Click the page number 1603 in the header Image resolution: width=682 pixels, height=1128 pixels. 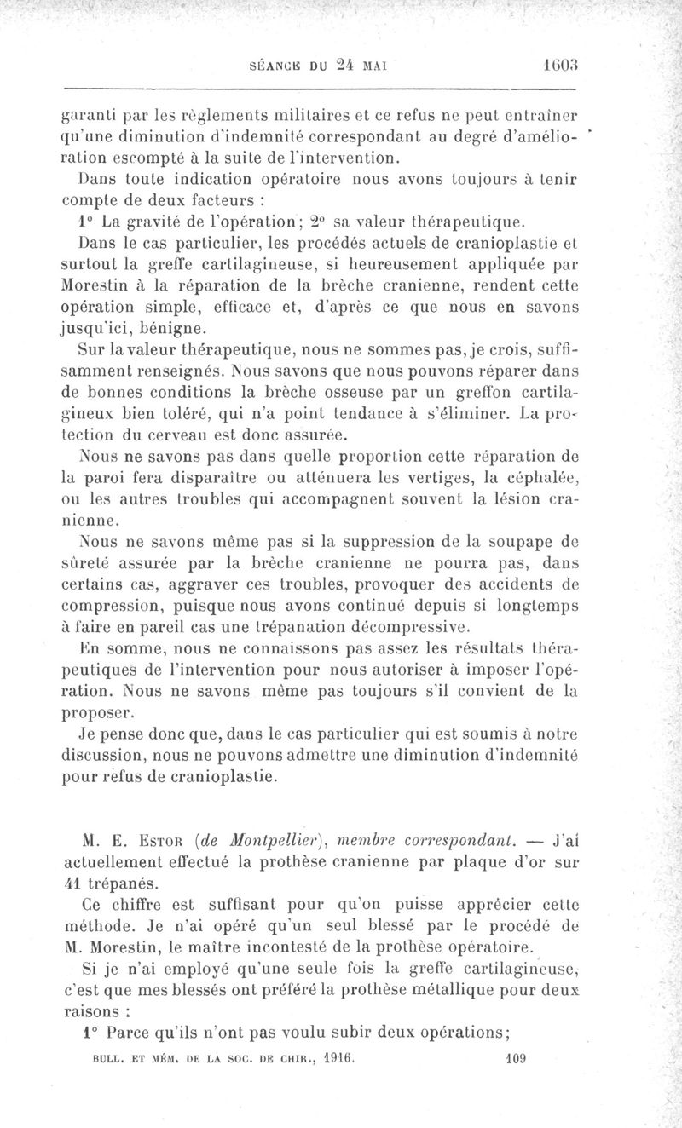[560, 65]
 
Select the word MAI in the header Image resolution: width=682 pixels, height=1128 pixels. [376, 66]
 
